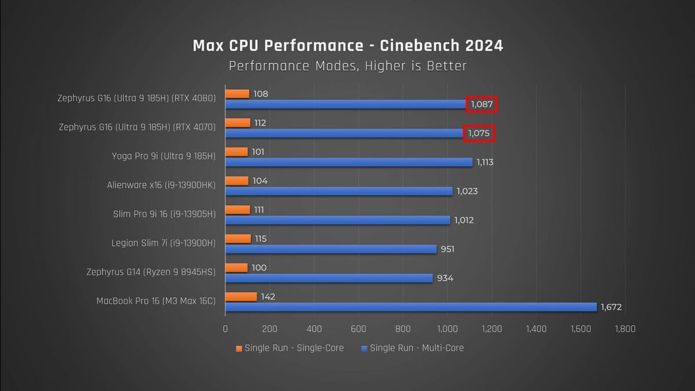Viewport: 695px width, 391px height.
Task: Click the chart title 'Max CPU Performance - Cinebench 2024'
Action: pos(348,46)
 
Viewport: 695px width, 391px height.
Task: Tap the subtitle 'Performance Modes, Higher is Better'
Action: pos(348,66)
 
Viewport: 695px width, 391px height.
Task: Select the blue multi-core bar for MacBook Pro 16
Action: pos(411,307)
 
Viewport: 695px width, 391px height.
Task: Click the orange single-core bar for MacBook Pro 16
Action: pos(241,297)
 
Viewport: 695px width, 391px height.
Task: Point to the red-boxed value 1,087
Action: pos(482,104)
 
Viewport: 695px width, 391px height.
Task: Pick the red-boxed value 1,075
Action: pos(479,133)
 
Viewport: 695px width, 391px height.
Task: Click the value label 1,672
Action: pos(611,307)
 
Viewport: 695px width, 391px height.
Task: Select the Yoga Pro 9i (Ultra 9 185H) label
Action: pos(163,156)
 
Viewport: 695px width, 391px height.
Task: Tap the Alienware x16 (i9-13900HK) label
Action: pos(161,185)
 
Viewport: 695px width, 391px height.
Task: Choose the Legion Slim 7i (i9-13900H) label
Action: pos(163,243)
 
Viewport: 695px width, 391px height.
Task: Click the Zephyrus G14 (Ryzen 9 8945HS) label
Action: pos(151,272)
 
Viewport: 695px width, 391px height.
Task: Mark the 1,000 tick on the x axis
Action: pos(447,329)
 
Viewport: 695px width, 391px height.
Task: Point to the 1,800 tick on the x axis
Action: pos(624,329)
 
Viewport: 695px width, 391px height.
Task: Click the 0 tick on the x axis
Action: pos(225,329)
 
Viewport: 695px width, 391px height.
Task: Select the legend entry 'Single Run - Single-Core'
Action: pos(290,348)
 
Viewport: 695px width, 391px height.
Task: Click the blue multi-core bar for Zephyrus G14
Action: pos(329,278)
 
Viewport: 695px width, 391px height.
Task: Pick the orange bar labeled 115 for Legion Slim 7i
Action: pos(238,239)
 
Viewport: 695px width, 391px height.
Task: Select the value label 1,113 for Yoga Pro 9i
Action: pos(485,162)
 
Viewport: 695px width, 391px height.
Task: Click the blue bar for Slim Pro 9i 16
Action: pos(338,220)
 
